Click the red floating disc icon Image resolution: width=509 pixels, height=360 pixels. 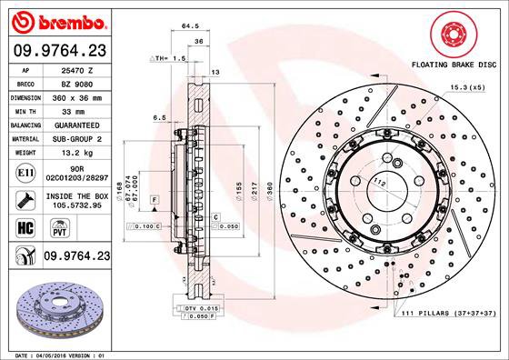coord(455,35)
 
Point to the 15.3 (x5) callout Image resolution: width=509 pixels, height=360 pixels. coord(464,86)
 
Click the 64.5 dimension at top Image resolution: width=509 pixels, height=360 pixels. coord(190,26)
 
